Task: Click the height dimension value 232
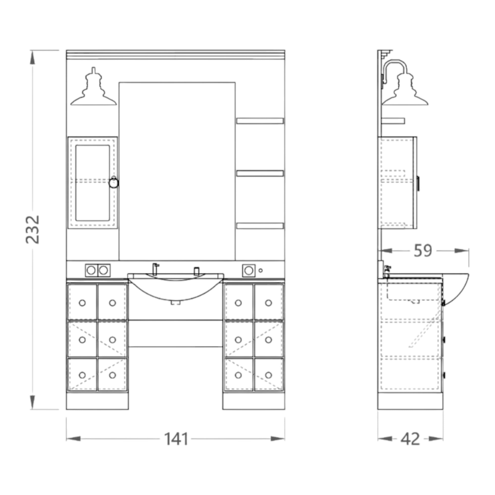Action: (x=32, y=230)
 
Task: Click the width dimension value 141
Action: (x=176, y=439)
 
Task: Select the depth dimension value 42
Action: (x=410, y=439)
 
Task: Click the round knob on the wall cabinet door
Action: (x=114, y=183)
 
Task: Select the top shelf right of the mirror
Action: (x=260, y=121)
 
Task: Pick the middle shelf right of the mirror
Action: (x=260, y=173)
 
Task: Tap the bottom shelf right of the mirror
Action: (x=260, y=226)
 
